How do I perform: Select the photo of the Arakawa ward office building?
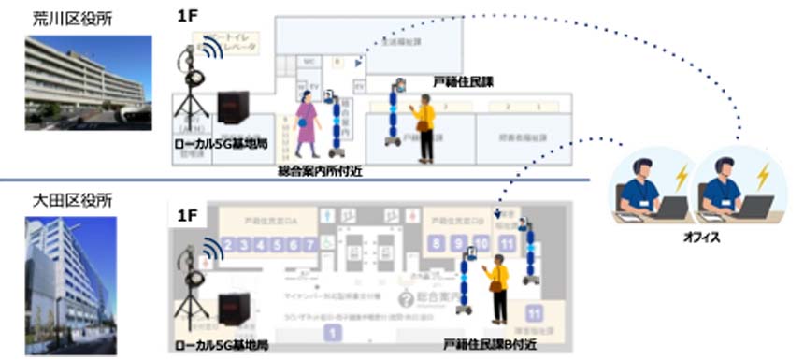coord(89,82)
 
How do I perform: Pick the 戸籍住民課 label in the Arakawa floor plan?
coord(463,83)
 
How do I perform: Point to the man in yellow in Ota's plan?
coord(498,289)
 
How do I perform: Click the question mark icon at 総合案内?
coord(406,298)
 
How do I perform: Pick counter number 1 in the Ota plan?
coord(329,332)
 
